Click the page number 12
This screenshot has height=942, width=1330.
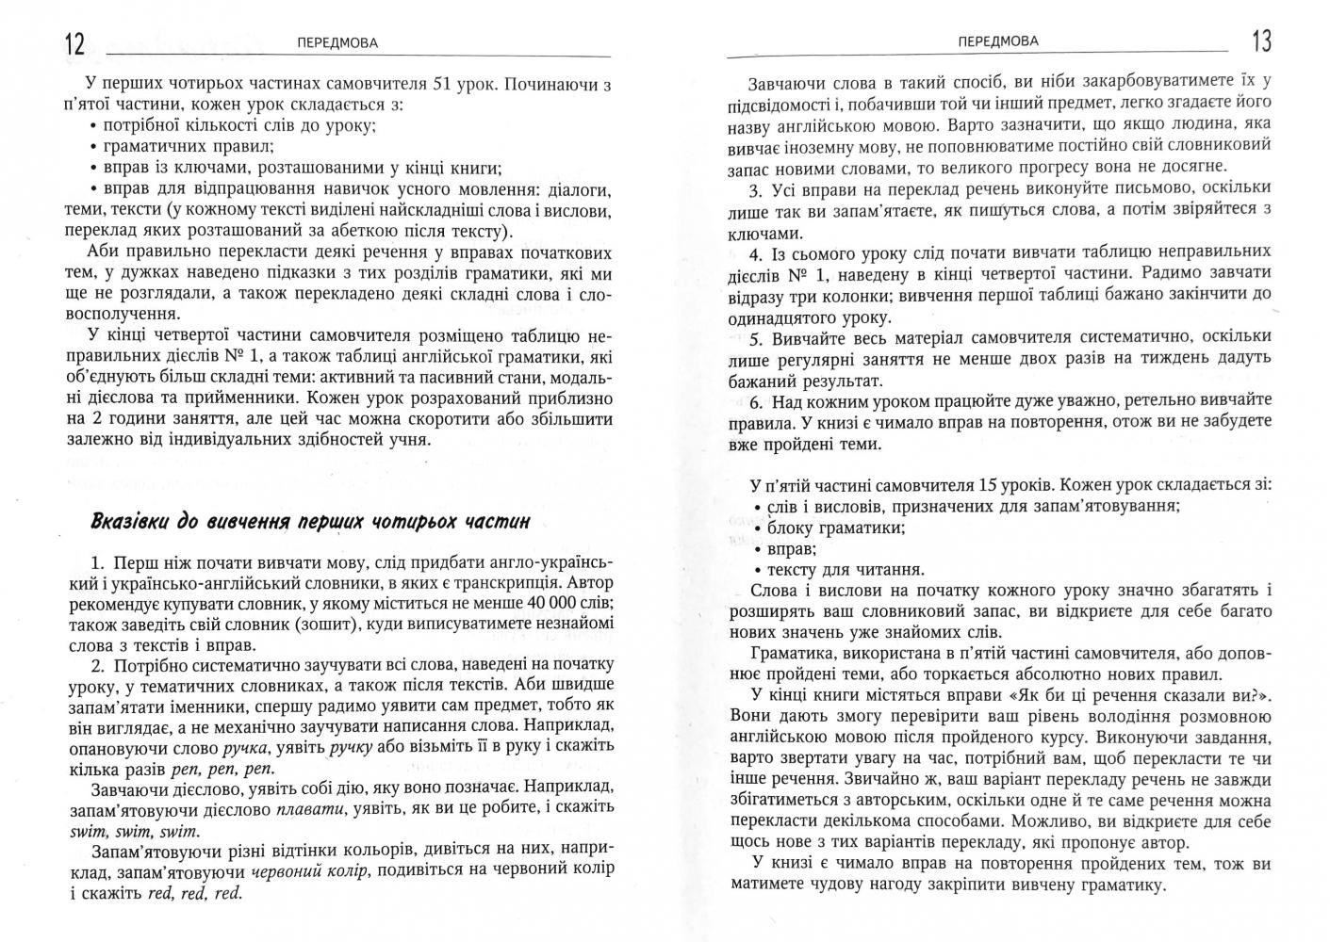pos(75,43)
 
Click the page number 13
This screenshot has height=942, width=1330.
pos(1260,41)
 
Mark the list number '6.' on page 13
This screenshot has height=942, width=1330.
pos(757,400)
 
